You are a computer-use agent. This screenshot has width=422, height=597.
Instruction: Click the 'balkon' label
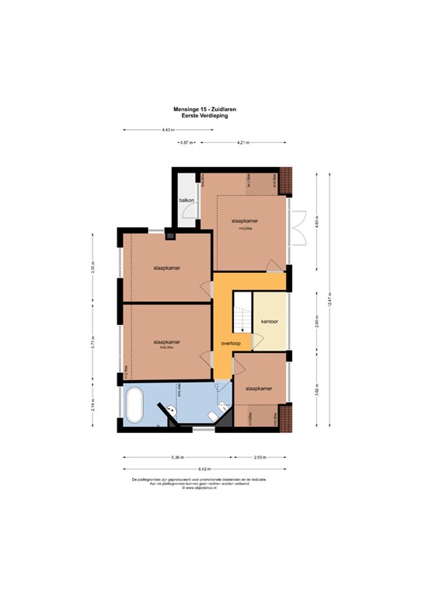click(x=186, y=201)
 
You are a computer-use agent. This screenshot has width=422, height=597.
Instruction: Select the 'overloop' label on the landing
click(x=230, y=344)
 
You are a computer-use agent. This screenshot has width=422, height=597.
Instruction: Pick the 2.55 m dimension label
click(x=261, y=458)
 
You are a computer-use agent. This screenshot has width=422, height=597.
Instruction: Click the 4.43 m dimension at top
click(x=166, y=130)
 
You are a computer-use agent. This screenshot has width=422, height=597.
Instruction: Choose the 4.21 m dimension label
click(x=243, y=143)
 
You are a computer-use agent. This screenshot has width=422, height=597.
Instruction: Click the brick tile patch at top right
click(x=287, y=180)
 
